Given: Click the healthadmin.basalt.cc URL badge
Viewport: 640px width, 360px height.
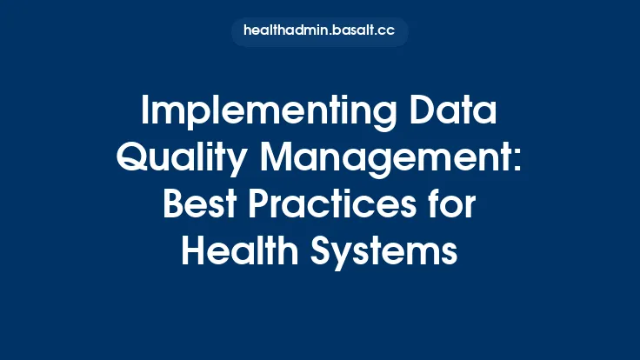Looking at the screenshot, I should [320, 32].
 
